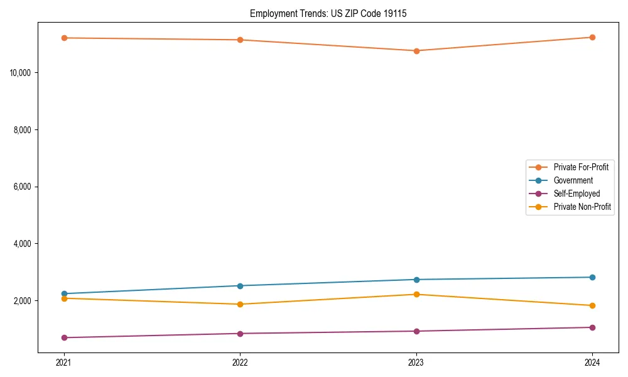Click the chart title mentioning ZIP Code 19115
tap(328, 13)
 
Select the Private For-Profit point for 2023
tap(416, 51)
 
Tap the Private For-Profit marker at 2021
tap(64, 38)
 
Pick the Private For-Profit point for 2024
tap(592, 37)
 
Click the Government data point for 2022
tap(240, 286)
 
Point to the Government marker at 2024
tap(592, 277)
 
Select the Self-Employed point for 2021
tap(64, 338)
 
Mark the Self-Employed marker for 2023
tap(416, 331)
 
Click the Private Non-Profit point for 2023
tap(416, 294)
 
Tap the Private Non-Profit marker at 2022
tap(240, 304)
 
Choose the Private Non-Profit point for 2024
tap(592, 305)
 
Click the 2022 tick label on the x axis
tap(240, 363)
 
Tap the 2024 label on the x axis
tap(592, 363)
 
